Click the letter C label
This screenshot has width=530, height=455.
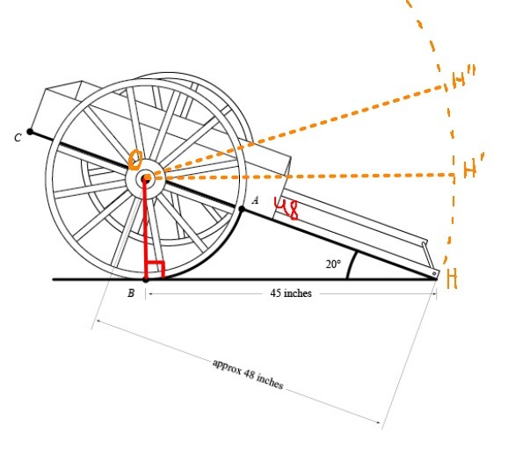tap(17, 137)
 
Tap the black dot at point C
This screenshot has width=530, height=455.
tap(31, 132)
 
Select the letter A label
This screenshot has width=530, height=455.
tap(255, 200)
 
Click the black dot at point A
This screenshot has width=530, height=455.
tap(242, 208)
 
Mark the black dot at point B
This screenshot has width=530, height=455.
tap(146, 279)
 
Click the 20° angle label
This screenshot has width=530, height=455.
tap(333, 264)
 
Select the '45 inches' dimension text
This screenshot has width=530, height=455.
tap(291, 293)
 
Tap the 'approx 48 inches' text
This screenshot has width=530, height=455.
tap(247, 374)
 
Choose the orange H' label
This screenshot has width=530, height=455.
tap(470, 170)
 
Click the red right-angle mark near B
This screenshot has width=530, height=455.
tap(156, 270)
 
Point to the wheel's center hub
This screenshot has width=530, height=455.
tap(146, 179)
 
